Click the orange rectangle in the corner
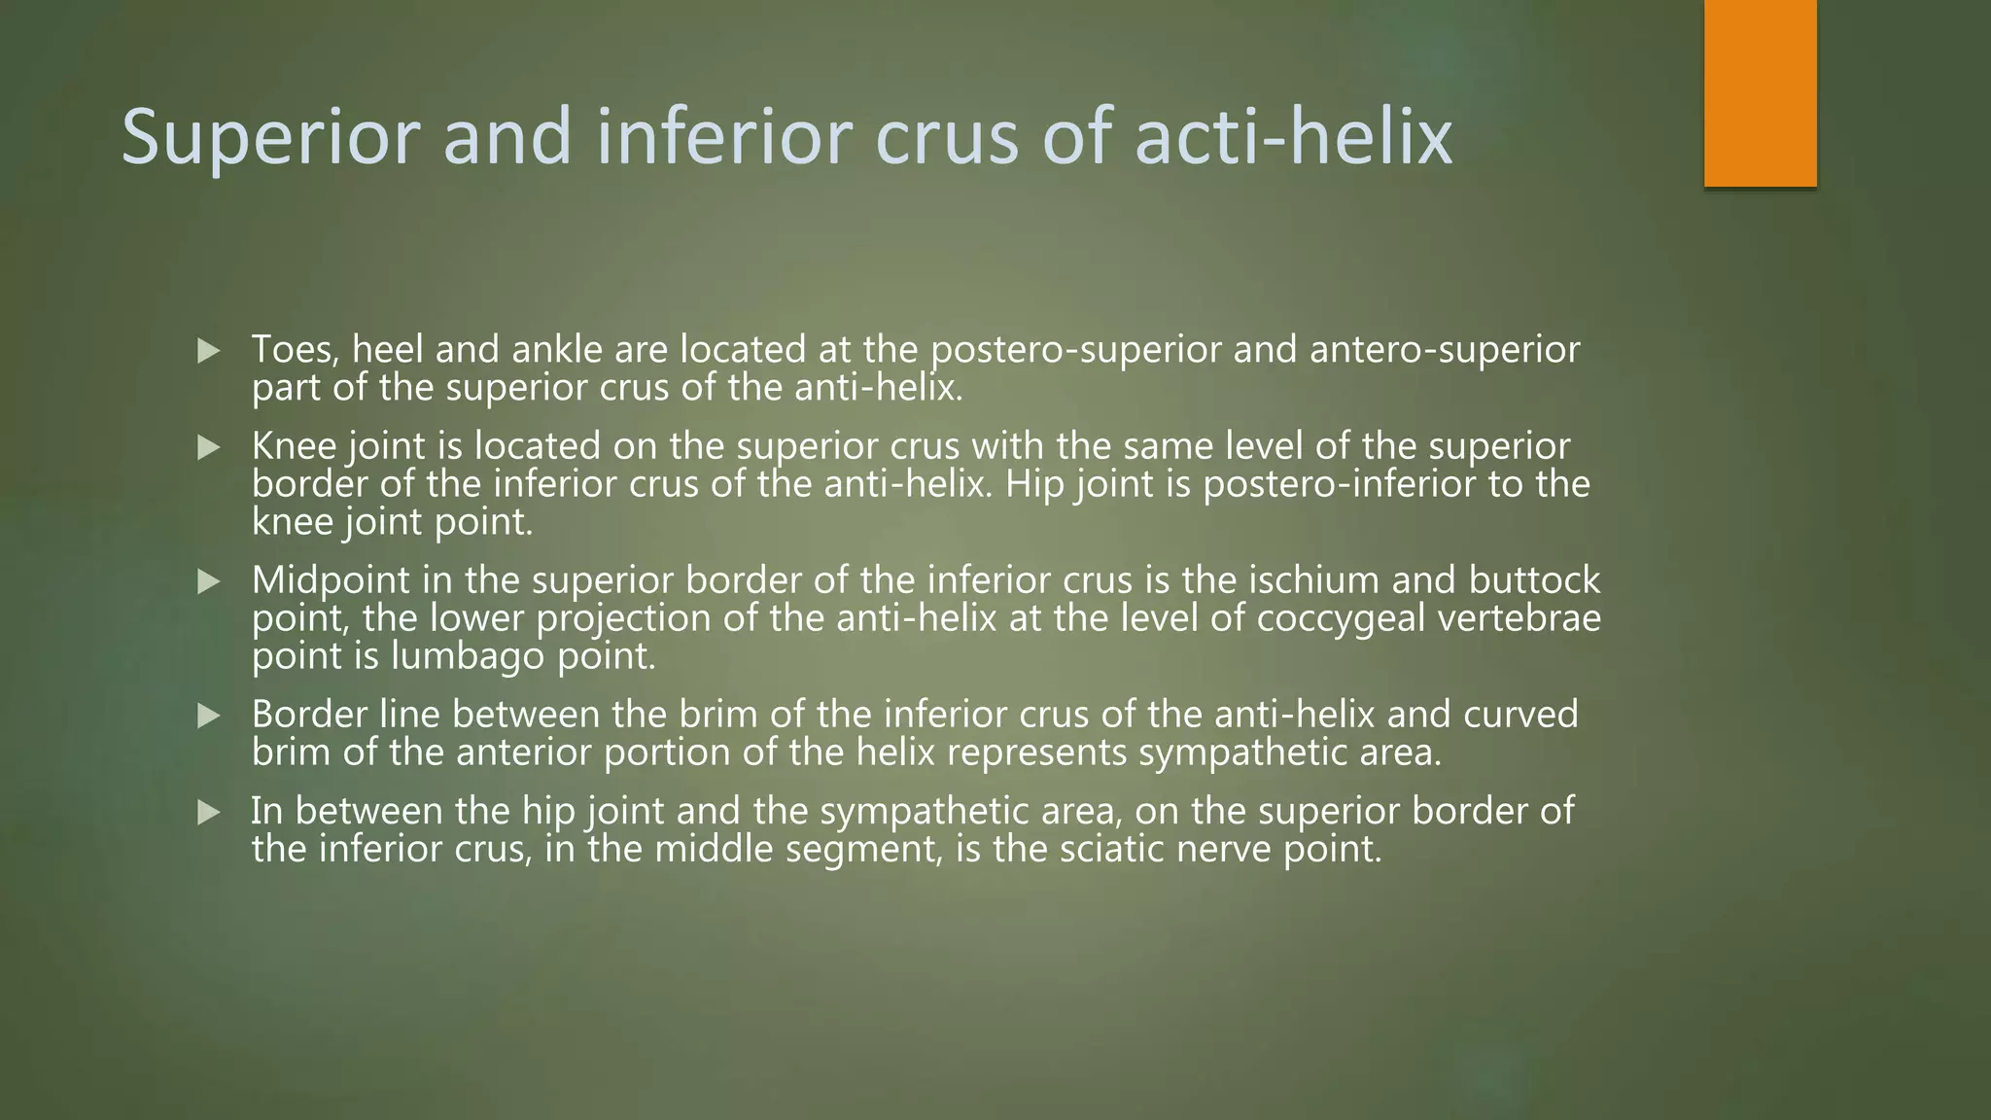pos(1760,93)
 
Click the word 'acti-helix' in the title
pos(1293,136)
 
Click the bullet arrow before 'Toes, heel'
pos(209,351)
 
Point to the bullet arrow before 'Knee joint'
pos(209,447)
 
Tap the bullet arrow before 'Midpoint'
pos(209,581)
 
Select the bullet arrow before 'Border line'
pos(209,717)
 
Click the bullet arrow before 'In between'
pos(209,813)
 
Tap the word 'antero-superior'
pos(1445,349)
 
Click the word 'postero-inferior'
pos(1339,484)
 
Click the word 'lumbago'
pos(468,657)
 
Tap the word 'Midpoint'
pos(331,580)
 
